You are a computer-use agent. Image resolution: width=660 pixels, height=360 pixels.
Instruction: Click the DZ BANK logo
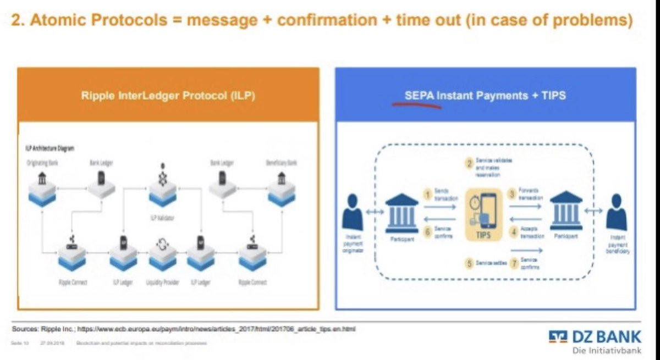coord(595,336)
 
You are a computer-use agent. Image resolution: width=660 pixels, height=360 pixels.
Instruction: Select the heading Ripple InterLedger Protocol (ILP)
coord(168,95)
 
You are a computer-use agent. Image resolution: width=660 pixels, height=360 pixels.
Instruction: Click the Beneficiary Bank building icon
coord(281,179)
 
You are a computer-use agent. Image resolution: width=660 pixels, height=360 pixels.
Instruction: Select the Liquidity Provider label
coord(163,283)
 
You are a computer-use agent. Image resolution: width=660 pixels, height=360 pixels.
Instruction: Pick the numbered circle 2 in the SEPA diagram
coord(469,163)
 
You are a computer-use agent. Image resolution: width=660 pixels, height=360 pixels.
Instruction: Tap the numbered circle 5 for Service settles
coord(469,263)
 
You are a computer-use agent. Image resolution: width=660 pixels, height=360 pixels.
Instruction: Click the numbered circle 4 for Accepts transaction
coord(514,232)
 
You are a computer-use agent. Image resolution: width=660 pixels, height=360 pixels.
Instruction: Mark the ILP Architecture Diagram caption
coord(50,148)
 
